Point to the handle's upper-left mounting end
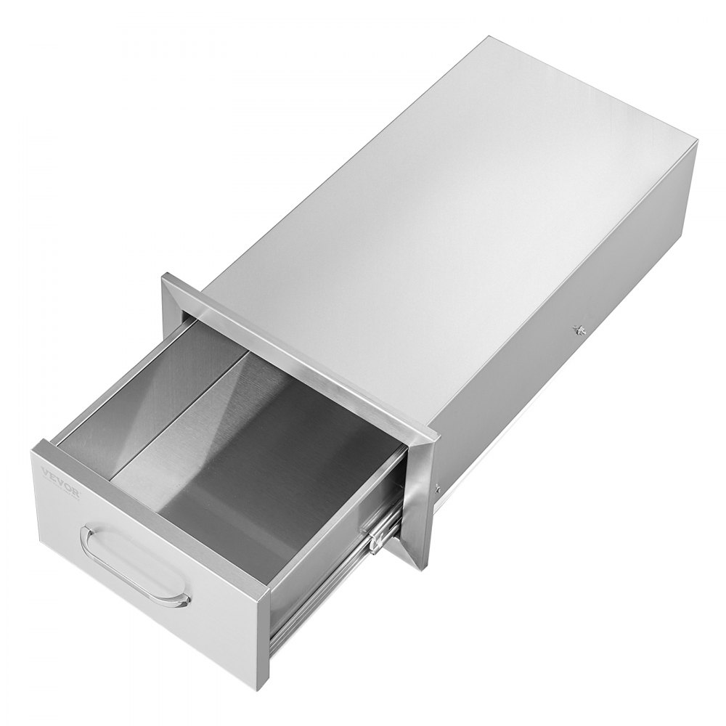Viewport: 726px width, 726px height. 90,532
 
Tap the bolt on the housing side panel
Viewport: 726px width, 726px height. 579,330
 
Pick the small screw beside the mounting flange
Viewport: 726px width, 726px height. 436,488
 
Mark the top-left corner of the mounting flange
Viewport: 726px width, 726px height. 166,276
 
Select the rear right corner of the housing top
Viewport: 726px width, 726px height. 695,144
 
